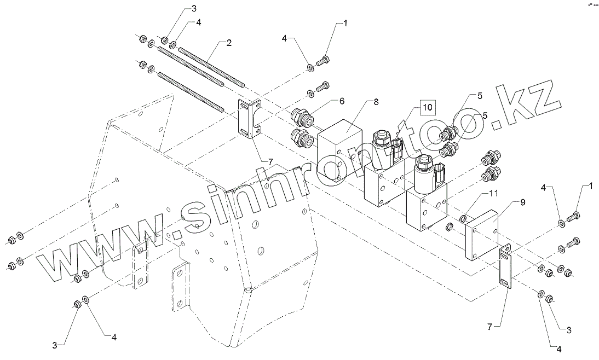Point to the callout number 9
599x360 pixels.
(x=522, y=202)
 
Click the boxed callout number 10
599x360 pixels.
(x=427, y=107)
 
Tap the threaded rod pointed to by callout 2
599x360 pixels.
(x=211, y=65)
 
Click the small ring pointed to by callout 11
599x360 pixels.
(x=464, y=220)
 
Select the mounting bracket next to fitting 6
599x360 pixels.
(x=249, y=118)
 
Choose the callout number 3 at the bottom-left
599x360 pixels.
(x=54, y=345)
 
